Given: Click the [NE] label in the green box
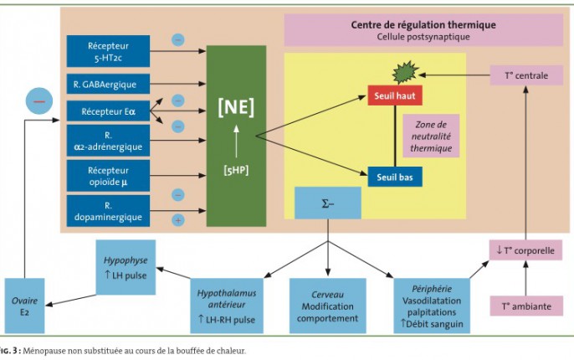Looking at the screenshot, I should tap(236, 106).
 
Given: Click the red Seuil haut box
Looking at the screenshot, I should tap(394, 96).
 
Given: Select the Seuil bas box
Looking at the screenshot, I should tap(394, 177).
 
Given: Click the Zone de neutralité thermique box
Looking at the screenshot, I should tap(431, 135).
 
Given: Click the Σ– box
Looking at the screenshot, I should tap(327, 203).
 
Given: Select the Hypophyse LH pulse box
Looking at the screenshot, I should tap(125, 266).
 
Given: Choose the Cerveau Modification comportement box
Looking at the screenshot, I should tap(326, 306).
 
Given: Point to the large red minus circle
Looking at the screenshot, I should tap(38, 100).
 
